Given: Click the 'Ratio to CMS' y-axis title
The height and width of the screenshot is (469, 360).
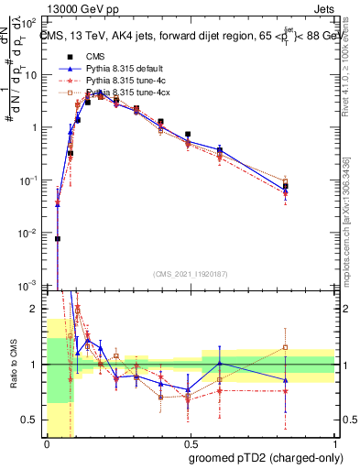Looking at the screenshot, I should coord(12,364).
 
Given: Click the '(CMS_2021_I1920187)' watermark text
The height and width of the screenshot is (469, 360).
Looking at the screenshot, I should coord(191,274).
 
